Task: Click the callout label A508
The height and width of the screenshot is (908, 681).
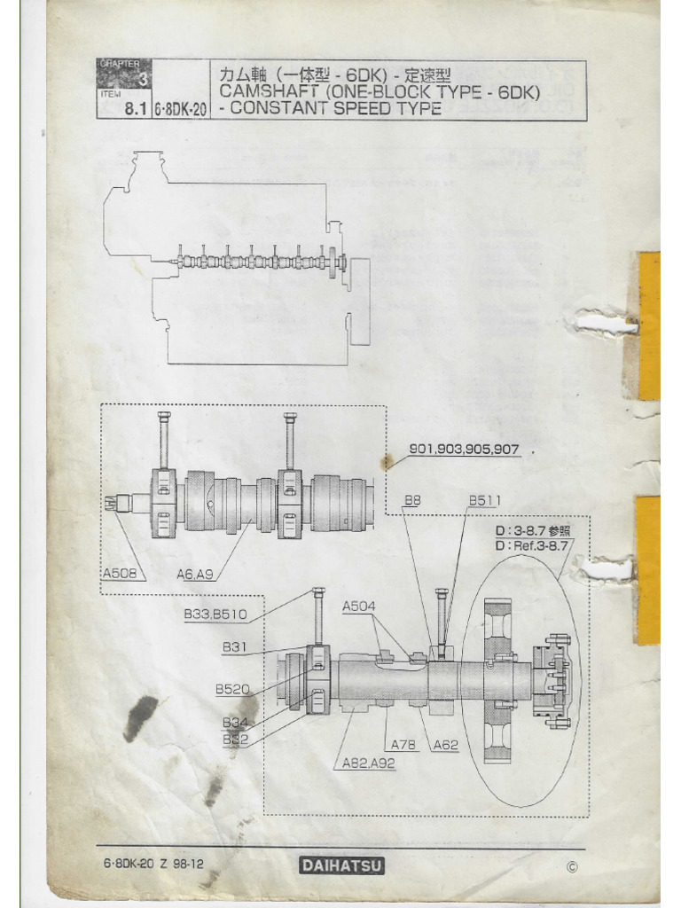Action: coord(119,574)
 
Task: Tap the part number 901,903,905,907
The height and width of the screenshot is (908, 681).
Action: coord(464,449)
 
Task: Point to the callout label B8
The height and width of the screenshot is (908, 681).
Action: coord(412,501)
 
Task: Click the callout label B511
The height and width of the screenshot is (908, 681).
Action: coord(485,501)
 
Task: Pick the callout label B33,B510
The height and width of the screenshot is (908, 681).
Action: coord(215,613)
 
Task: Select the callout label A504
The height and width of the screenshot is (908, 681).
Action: coord(359,606)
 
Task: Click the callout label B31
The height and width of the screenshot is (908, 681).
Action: coord(234,647)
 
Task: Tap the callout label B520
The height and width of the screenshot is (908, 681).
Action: coord(232,688)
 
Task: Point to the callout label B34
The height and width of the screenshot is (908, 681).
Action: coord(234,722)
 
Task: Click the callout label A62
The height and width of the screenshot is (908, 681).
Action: coord(445,745)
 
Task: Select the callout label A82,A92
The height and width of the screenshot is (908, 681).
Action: coord(369,762)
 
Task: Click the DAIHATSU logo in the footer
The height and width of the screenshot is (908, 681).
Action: coord(340,865)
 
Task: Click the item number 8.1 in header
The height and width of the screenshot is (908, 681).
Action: coord(134,111)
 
